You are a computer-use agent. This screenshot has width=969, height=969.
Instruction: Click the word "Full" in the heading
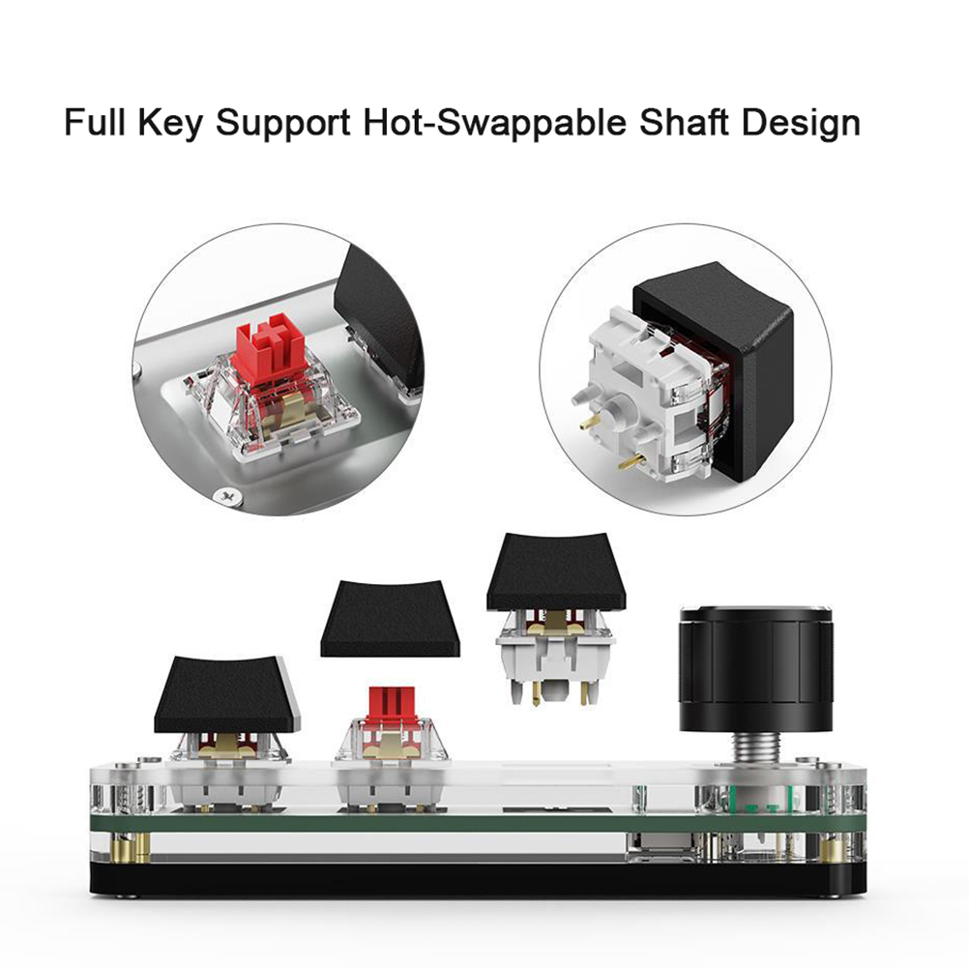(95, 122)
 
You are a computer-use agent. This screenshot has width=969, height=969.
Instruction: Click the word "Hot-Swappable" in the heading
(494, 123)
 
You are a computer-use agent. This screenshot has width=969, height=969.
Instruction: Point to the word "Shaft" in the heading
(684, 122)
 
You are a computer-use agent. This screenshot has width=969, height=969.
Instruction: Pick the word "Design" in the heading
(801, 124)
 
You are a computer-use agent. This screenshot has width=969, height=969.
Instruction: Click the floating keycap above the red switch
(390, 617)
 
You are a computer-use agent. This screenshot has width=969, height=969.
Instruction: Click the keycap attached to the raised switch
(555, 571)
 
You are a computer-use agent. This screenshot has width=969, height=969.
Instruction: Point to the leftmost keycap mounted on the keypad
(227, 694)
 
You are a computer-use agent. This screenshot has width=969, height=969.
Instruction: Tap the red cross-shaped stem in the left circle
(274, 348)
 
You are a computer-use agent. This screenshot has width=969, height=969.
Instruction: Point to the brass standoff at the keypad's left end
(141, 849)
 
